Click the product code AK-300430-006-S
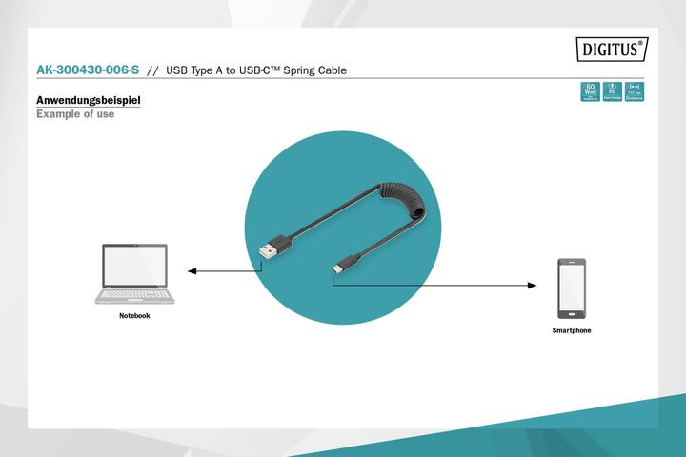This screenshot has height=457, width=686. [87, 70]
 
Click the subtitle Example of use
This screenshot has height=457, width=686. [75, 114]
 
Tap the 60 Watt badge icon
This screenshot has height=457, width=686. [590, 91]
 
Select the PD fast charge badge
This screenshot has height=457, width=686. [613, 91]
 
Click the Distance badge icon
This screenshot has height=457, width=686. [635, 91]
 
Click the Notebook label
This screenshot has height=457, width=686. [134, 315]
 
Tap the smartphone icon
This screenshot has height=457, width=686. [572, 288]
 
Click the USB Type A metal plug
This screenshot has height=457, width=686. [267, 245]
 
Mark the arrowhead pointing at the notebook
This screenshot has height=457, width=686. [192, 271]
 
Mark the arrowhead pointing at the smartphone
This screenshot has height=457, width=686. [533, 285]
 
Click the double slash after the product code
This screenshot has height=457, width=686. [151, 70]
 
